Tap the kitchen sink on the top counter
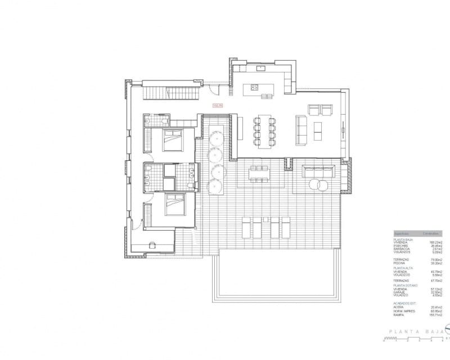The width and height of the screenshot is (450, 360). (261, 68)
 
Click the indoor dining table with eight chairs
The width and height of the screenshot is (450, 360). (263, 131)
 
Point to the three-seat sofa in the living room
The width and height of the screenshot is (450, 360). (299, 127)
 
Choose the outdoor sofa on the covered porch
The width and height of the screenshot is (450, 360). (319, 170)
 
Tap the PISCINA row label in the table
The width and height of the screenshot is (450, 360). (400, 263)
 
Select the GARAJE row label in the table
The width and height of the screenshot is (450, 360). (400, 291)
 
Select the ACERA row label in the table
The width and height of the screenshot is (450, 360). (399, 307)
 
